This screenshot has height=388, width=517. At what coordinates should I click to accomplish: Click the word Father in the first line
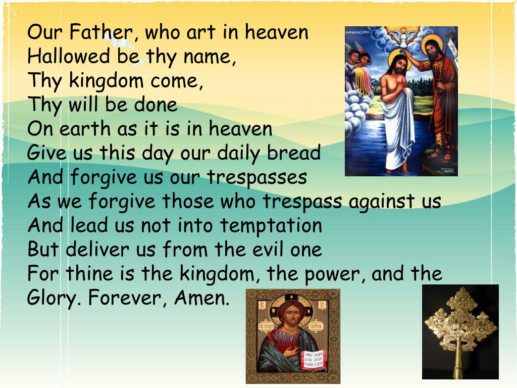pos(103,33)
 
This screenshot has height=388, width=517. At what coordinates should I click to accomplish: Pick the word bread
pos(295,153)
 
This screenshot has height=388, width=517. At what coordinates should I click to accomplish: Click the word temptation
pos(270,226)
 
